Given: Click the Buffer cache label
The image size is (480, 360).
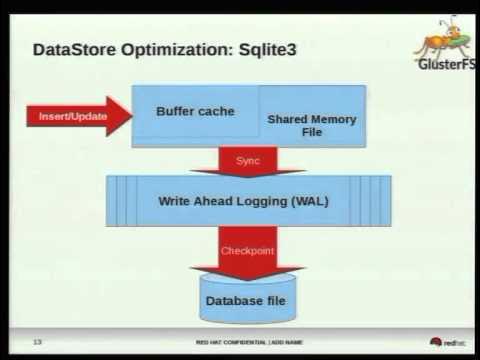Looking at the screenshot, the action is [x=195, y=111].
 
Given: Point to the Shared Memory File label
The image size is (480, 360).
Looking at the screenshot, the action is [x=311, y=125].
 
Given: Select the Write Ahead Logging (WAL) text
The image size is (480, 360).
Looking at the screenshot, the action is [x=244, y=200].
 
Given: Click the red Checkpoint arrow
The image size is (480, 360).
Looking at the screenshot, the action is [x=247, y=253].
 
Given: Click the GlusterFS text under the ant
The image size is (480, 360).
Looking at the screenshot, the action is [x=444, y=65].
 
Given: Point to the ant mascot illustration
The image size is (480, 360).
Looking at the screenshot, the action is [x=444, y=37].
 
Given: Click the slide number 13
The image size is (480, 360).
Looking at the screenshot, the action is [x=37, y=342].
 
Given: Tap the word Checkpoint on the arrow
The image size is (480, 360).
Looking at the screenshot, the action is [x=246, y=250].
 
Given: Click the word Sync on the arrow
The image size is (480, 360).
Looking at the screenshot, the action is [x=247, y=160].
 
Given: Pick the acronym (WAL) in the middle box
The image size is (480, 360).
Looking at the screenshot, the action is [x=308, y=200].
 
